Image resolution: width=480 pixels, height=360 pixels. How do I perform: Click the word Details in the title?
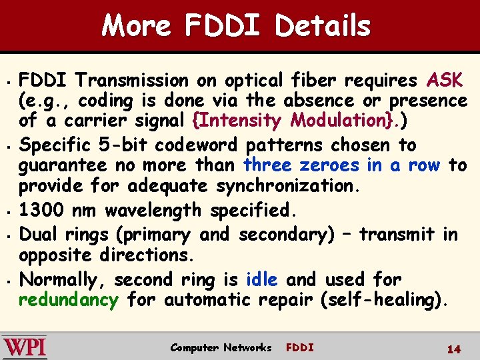pyautogui.click(x=323, y=27)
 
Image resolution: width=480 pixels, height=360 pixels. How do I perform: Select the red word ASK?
pyautogui.click(x=445, y=81)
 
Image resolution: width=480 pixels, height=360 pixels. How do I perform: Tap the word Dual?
pyautogui.click(x=41, y=235)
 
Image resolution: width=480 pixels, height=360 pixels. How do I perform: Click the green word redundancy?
pyautogui.click(x=68, y=300)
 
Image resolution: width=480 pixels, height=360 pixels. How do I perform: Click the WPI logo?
pyautogui.click(x=25, y=347)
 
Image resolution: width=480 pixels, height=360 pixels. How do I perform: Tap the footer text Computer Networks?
pyautogui.click(x=221, y=347)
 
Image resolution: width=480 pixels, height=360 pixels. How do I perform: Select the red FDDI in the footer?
pyautogui.click(x=299, y=347)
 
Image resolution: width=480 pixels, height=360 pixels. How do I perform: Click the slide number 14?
pyautogui.click(x=454, y=349)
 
